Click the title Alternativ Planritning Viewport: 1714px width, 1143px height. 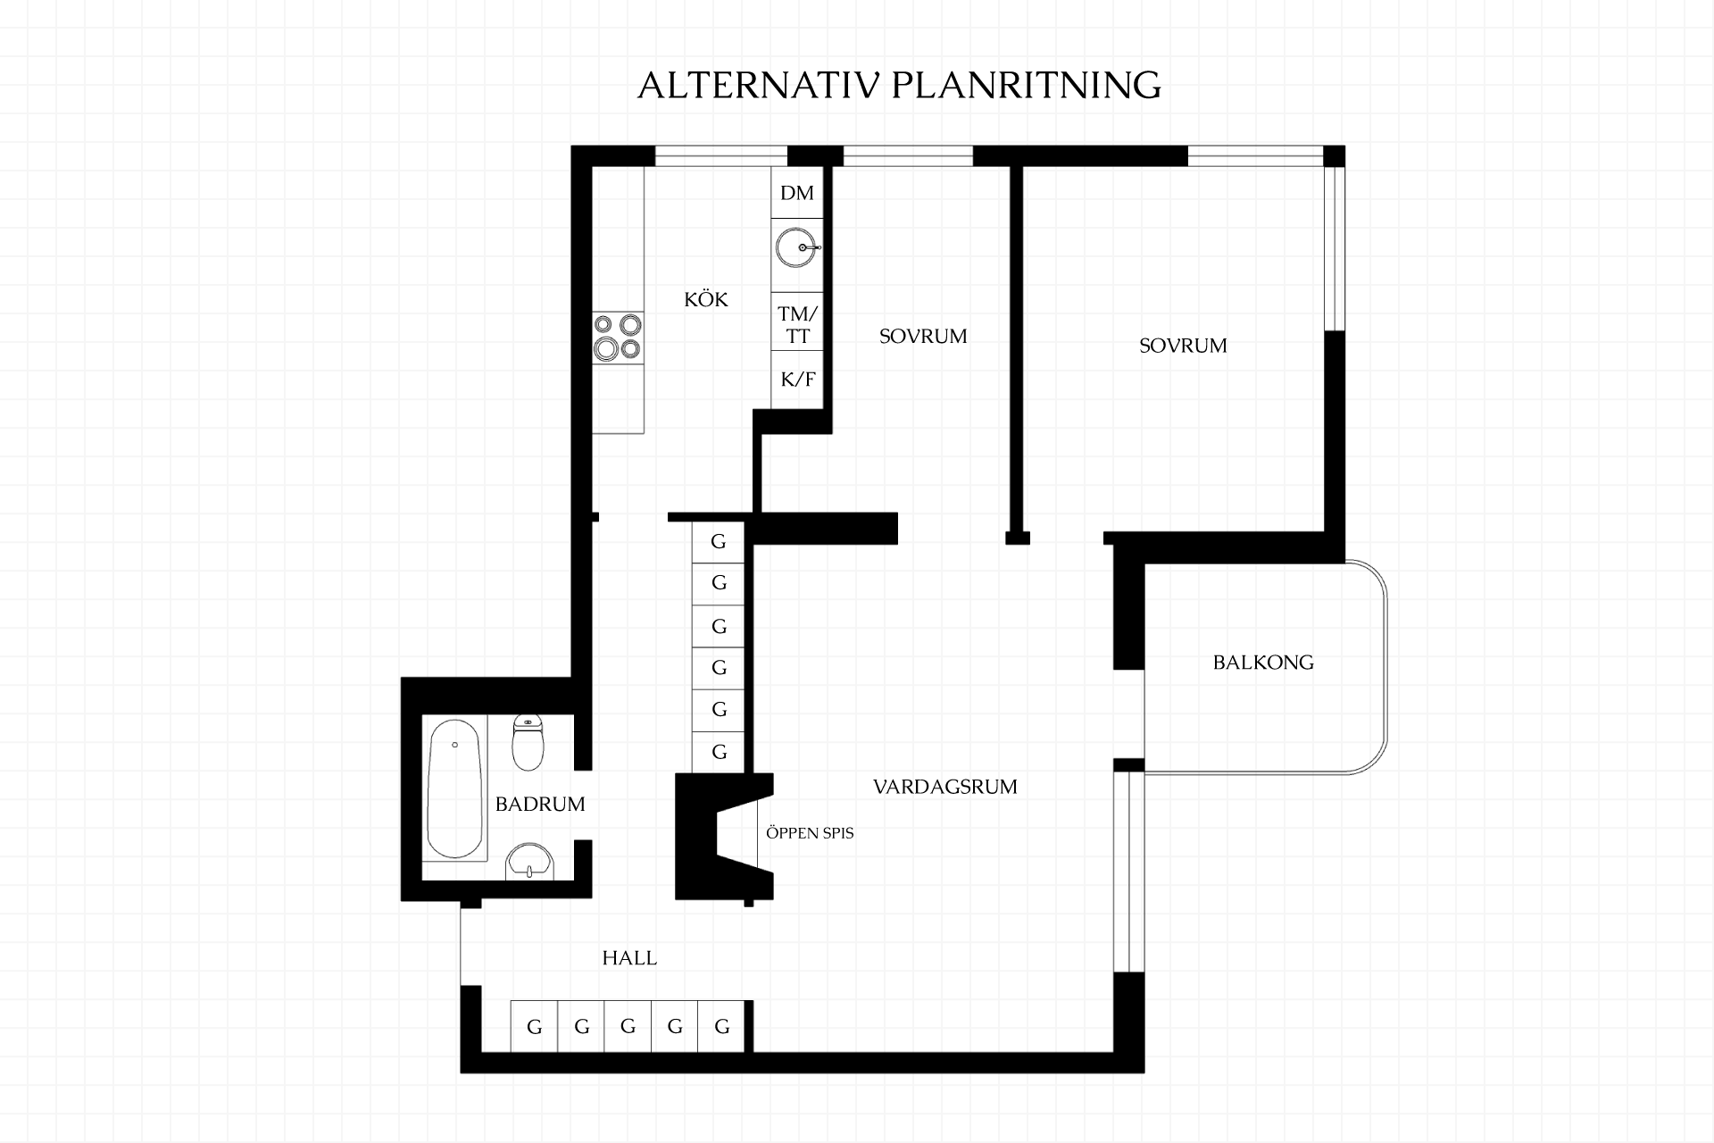tap(899, 85)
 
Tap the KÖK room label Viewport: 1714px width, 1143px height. tap(706, 299)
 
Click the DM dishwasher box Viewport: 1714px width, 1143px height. tap(797, 193)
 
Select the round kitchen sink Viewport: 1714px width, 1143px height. tap(796, 247)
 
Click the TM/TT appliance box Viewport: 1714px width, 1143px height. tap(797, 324)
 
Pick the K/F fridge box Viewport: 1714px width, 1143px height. tap(797, 380)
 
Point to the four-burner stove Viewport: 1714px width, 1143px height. tap(618, 337)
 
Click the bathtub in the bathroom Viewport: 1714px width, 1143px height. tap(455, 788)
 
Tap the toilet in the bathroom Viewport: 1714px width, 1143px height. tap(528, 742)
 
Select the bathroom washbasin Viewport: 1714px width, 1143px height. tap(530, 862)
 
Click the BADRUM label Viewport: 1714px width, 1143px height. tap(540, 804)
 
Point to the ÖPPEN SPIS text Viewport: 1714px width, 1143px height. tap(810, 833)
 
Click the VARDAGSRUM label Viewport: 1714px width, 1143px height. tap(945, 787)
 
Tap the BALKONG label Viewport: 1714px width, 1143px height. tap(1263, 663)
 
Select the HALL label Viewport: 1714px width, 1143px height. tap(629, 958)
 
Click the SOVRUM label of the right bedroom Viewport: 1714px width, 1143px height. tap(1183, 346)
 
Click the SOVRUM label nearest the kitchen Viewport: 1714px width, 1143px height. tap(923, 337)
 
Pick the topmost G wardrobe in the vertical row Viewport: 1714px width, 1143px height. tap(719, 541)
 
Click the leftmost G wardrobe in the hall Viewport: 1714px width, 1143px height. tap(534, 1026)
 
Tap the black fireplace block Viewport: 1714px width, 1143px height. tap(705, 836)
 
